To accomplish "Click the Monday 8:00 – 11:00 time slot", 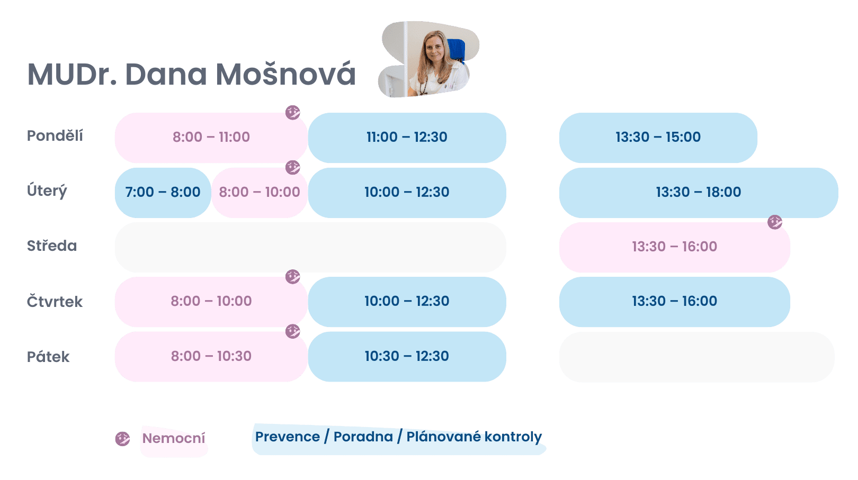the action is tap(211, 138).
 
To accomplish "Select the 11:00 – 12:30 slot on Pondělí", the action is tap(407, 138).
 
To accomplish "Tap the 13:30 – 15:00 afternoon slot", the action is tap(658, 138).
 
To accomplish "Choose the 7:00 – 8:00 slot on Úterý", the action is tap(163, 193).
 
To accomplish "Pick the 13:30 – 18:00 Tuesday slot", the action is tap(699, 193).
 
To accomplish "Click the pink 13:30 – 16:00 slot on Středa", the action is tap(675, 247).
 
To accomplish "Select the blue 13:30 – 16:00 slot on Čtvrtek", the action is tap(675, 302).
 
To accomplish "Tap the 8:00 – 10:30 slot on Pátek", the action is tap(211, 356).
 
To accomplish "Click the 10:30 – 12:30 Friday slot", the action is tap(407, 356).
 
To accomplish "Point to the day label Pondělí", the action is tap(55, 135).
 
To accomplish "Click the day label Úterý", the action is tap(47, 191).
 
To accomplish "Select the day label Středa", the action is tap(52, 246).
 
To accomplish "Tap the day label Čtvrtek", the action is tap(55, 301).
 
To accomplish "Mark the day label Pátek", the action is tap(48, 356).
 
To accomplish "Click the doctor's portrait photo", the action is tap(428, 59).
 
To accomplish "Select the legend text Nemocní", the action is tap(174, 438).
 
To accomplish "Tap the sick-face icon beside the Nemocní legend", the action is tap(122, 439).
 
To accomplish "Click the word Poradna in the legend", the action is tap(363, 437).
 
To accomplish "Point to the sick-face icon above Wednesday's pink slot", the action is tap(775, 222).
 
